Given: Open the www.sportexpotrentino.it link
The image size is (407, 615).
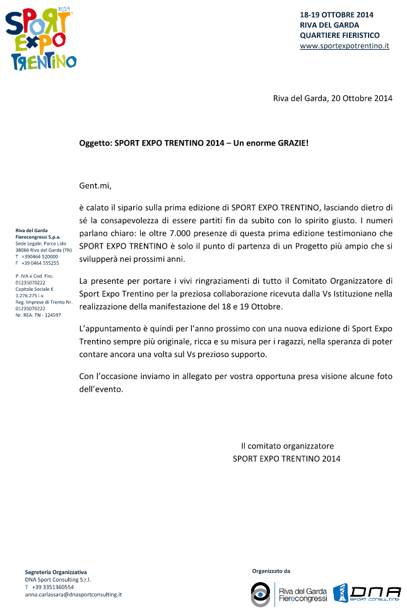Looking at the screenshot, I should pos(344,46).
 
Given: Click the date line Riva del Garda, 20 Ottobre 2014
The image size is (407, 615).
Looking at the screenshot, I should pos(333,98).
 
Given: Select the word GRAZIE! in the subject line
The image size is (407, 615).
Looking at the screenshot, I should pos(292,143).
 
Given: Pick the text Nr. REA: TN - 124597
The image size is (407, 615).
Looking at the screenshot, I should pos(38,315).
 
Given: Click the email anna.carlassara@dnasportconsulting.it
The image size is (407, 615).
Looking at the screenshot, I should pos(73,594).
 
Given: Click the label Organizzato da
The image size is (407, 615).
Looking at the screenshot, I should pos(271,571).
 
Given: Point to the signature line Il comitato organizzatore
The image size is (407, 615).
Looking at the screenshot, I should pos(286,446).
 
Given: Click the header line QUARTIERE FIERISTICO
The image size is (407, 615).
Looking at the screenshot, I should pos(339,35).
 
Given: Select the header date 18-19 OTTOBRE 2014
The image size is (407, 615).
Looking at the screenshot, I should pos(336,14).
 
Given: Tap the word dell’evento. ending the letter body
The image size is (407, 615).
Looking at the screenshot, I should pos(101,389).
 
